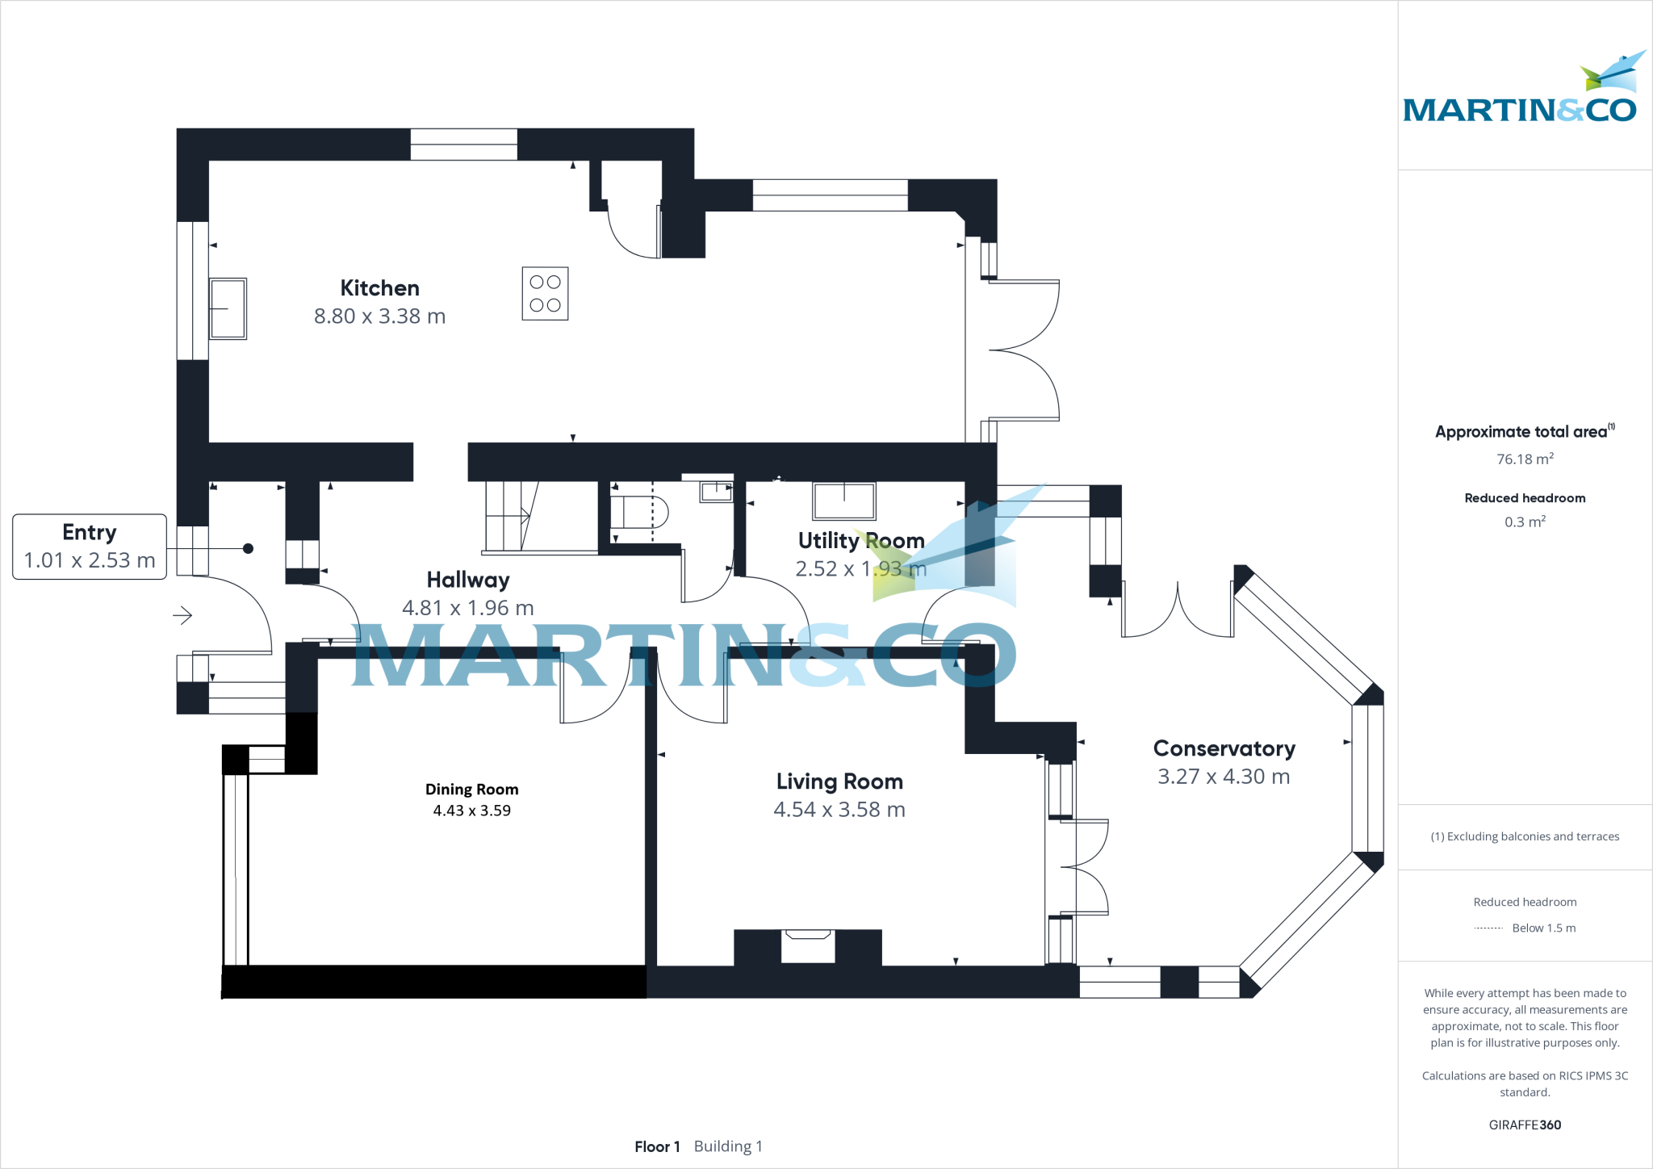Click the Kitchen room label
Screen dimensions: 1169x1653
pyautogui.click(x=379, y=288)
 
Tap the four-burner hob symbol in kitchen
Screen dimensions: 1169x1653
pyautogui.click(x=545, y=294)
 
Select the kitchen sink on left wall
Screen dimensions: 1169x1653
pyautogui.click(x=228, y=308)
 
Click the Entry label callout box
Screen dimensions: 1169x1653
pyautogui.click(x=90, y=547)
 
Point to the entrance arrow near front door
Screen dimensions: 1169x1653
pyautogui.click(x=182, y=616)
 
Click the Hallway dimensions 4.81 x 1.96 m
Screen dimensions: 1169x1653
pyautogui.click(x=467, y=608)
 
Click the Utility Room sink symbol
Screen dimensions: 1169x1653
pyautogui.click(x=843, y=501)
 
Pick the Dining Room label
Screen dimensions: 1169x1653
pyautogui.click(x=471, y=790)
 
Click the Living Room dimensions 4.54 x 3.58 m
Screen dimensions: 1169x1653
pyautogui.click(x=839, y=810)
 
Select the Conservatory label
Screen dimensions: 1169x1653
pyautogui.click(x=1224, y=749)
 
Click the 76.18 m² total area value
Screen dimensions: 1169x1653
pyautogui.click(x=1525, y=459)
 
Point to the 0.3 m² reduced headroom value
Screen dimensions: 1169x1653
pyautogui.click(x=1525, y=522)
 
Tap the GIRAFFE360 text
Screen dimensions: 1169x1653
pyautogui.click(x=1525, y=1125)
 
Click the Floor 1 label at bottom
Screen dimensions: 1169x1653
pyautogui.click(x=657, y=1146)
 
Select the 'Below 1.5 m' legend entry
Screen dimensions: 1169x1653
pyautogui.click(x=1542, y=928)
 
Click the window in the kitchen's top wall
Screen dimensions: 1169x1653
pyautogui.click(x=463, y=145)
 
